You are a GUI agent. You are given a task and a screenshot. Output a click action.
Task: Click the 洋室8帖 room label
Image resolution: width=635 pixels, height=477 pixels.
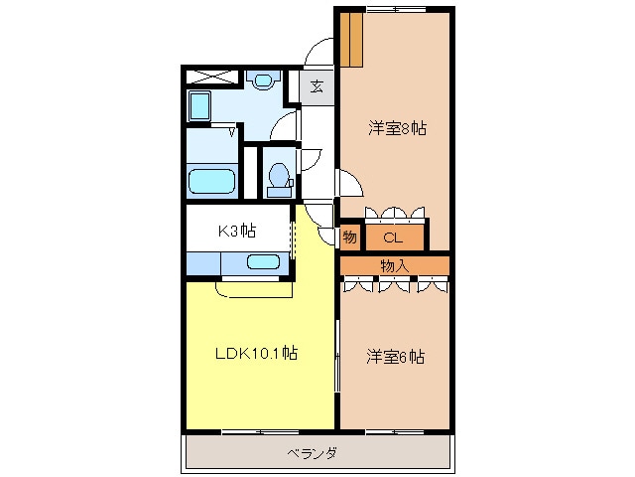tap(397, 128)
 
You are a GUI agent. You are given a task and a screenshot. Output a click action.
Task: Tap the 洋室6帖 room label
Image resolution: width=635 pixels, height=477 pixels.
tap(396, 357)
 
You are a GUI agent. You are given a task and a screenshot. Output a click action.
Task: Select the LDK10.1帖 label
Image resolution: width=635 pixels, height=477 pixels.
tap(256, 353)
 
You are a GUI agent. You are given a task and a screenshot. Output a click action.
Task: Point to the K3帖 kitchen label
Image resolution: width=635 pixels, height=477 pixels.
tap(237, 231)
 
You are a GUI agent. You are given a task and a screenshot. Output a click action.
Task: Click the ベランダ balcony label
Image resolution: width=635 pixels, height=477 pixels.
tap(312, 453)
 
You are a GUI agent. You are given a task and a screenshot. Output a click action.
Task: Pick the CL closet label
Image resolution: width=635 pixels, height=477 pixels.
tap(393, 238)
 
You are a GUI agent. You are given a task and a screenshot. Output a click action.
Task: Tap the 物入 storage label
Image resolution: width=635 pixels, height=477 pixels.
tap(395, 266)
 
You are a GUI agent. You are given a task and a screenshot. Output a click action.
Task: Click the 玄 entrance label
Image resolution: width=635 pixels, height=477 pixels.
tap(317, 86)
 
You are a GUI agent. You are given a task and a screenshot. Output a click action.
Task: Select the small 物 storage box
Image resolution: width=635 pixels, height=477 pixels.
tap(350, 237)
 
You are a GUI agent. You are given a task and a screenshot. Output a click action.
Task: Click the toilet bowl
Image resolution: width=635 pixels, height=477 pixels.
tap(278, 175)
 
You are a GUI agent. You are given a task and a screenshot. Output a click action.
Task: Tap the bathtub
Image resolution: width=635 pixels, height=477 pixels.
tap(211, 181)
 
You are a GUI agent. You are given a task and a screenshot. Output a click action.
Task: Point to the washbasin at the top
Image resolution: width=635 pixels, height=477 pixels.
tap(263, 79)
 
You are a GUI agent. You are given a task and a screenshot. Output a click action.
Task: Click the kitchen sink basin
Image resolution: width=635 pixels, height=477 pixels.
tap(263, 262)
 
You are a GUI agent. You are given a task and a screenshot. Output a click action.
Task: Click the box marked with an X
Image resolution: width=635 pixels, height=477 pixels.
tap(211, 78)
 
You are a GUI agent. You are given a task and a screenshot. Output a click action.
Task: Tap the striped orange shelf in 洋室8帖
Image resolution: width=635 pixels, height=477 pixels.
tap(350, 40)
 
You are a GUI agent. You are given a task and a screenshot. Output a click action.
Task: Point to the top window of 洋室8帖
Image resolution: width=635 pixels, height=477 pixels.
tap(396, 9)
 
